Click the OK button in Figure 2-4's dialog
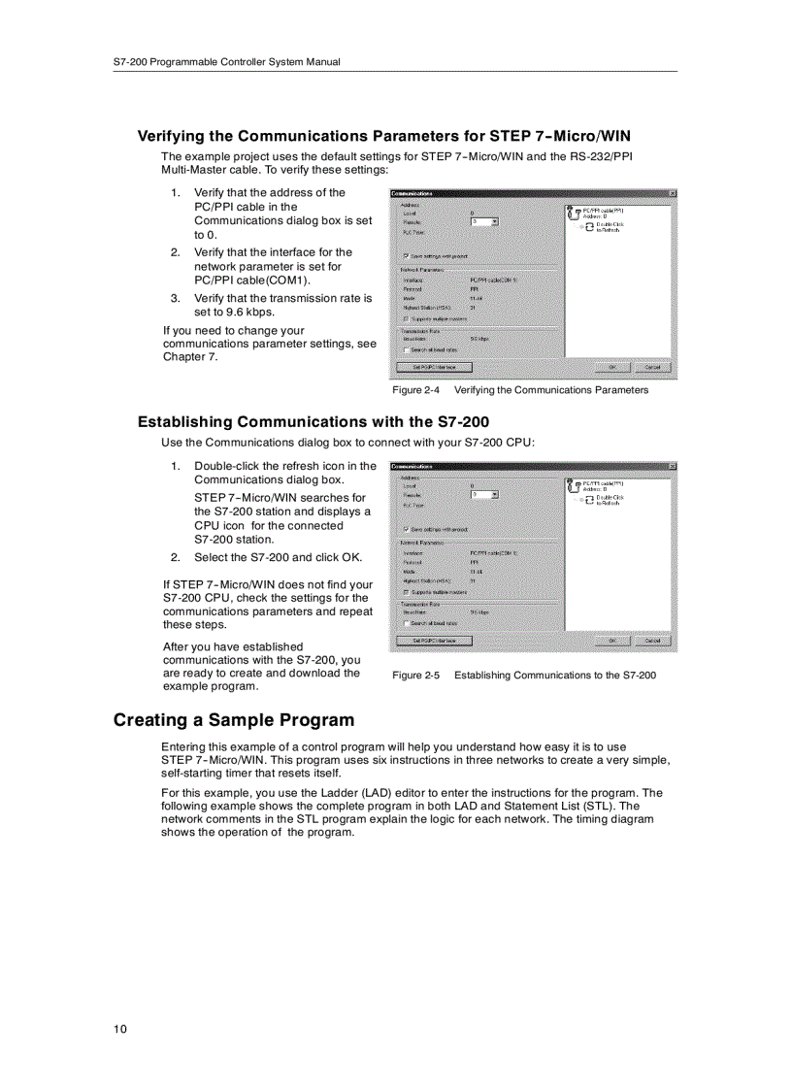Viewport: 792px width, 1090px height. pos(612,367)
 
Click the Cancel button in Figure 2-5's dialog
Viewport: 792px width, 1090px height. pos(651,641)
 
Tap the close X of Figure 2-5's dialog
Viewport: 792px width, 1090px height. pos(672,467)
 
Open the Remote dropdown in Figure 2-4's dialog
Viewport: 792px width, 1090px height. pos(495,221)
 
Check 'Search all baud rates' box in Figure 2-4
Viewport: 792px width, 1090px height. pos(406,350)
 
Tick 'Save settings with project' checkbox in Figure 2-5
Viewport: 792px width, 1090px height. pos(406,529)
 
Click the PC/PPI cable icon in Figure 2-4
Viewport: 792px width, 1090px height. pos(574,212)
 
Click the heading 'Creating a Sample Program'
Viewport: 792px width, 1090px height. pos(233,720)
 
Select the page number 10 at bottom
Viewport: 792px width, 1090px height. pos(119,1029)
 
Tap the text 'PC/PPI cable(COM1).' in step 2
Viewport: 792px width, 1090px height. pos(252,280)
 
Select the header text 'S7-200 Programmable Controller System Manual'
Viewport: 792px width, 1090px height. pos(226,62)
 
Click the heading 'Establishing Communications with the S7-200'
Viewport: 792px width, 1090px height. pos(313,422)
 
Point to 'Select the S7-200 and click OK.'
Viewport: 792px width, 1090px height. pos(278,557)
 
